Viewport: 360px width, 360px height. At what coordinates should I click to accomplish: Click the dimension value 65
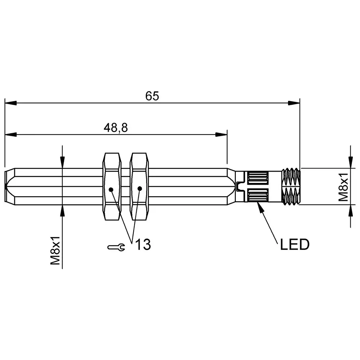[x=152, y=96]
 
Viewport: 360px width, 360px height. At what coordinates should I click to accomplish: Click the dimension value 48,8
[x=116, y=127]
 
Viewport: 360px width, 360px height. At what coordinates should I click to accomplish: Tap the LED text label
[x=294, y=245]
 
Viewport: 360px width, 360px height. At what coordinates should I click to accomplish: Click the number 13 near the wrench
[x=143, y=245]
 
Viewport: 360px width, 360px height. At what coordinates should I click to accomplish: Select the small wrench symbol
[x=116, y=247]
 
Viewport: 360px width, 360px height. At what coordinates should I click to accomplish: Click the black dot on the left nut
[x=111, y=189]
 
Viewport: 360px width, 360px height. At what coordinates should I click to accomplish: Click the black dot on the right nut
[x=140, y=188]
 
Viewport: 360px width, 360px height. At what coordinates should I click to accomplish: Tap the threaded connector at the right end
[x=291, y=186]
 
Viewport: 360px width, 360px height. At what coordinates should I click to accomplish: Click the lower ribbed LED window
[x=257, y=197]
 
